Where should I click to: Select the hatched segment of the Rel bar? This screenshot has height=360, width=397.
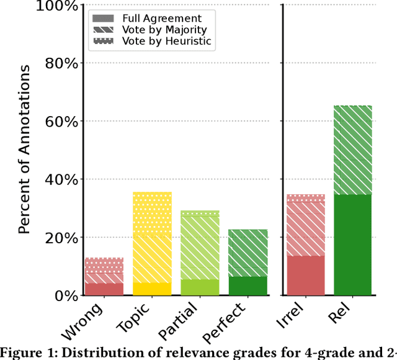point(353,150)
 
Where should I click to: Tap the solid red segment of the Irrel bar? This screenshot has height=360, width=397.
point(306,275)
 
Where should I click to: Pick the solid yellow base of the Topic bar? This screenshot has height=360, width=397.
point(153,289)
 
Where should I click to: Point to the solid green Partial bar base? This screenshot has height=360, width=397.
point(200,287)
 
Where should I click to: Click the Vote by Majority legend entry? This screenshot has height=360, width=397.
point(173,30)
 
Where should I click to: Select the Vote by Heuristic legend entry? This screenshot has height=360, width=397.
point(176,42)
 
